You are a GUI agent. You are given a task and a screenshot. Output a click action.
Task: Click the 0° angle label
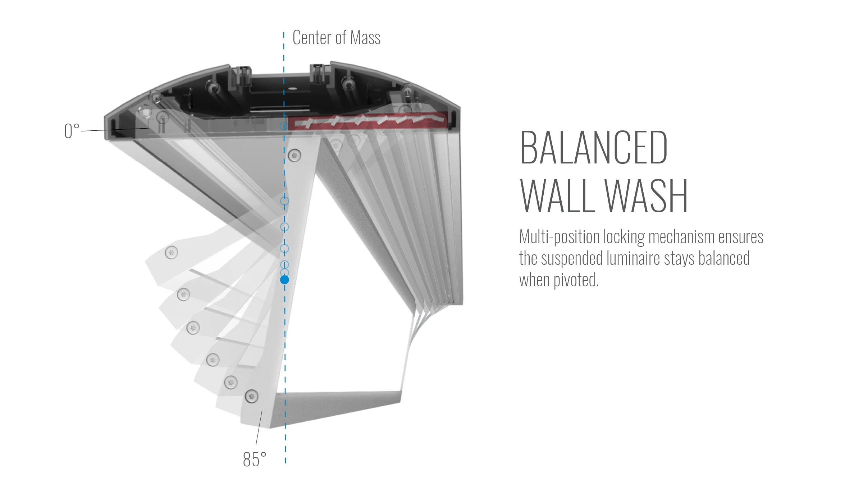pos(72,131)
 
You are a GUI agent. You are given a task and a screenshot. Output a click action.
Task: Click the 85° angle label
pos(255,459)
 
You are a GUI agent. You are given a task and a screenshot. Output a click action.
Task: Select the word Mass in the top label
pos(365,38)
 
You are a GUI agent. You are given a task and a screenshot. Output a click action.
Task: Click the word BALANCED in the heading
pos(594,148)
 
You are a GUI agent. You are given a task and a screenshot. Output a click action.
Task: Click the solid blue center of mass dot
pos(284,280)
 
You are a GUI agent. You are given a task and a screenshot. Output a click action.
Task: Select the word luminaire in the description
pos(633,259)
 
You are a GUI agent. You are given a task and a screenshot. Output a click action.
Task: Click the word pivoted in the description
pos(576,280)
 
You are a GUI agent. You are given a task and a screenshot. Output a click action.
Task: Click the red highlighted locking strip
pos(367,120)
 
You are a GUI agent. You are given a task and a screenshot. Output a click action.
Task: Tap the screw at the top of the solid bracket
pos(295,155)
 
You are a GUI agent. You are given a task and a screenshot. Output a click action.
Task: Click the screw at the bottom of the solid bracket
pos(251,396)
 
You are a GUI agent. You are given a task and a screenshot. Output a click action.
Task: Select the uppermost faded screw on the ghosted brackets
pos(171,253)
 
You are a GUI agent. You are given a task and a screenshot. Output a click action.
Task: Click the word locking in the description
pos(624,237)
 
